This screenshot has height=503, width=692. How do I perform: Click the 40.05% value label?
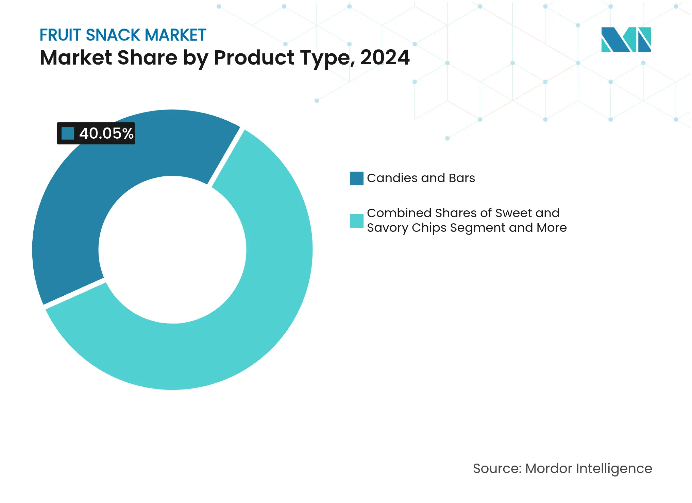pyautogui.click(x=106, y=134)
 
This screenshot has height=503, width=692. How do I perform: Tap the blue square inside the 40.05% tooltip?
pyautogui.click(x=68, y=134)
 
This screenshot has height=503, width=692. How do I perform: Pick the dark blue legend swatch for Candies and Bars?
pyautogui.click(x=356, y=178)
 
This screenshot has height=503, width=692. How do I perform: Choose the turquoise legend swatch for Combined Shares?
pyautogui.click(x=356, y=221)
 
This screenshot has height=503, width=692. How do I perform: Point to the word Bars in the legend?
pyautogui.click(x=461, y=178)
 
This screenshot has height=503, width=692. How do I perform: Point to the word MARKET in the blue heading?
pyautogui.click(x=175, y=35)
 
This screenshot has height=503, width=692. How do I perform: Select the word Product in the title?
pyautogui.click(x=254, y=57)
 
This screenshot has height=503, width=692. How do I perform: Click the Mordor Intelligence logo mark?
pyautogui.click(x=626, y=39)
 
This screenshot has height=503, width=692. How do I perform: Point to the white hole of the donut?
pyautogui.click(x=172, y=250)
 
